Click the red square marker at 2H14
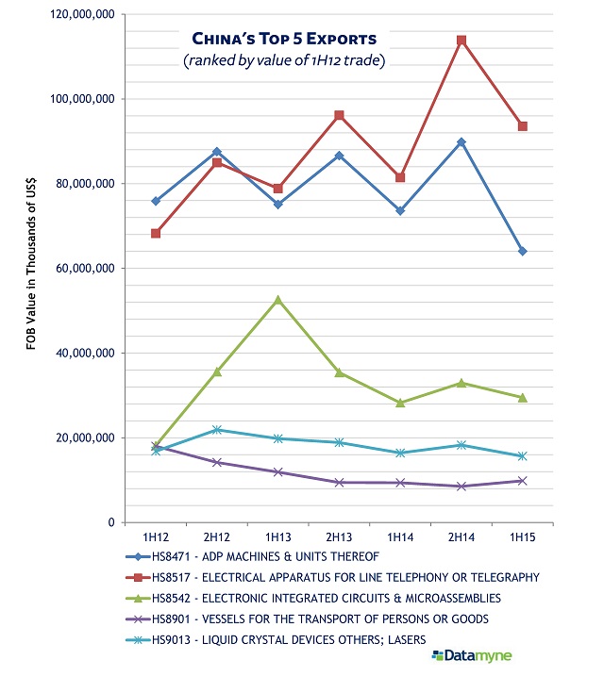tap(461, 41)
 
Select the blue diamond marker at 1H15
tap(523, 251)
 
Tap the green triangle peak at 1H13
tap(277, 300)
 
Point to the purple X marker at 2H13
tap(339, 482)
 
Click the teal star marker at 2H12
tap(217, 430)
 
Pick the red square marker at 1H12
tap(156, 234)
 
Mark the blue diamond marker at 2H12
tap(217, 152)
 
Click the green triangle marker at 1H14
tap(400, 403)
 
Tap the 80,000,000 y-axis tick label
tap(85, 184)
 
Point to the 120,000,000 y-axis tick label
tap(83, 14)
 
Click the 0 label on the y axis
tap(111, 522)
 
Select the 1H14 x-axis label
tap(400, 537)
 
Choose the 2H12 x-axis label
tap(217, 537)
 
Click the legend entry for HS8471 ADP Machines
tap(253, 556)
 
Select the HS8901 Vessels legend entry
tap(308, 619)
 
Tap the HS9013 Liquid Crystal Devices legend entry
tap(277, 640)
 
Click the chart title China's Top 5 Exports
tap(284, 39)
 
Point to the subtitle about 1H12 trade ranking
tap(284, 60)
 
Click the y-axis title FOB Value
tap(30, 264)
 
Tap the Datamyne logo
tap(472, 656)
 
